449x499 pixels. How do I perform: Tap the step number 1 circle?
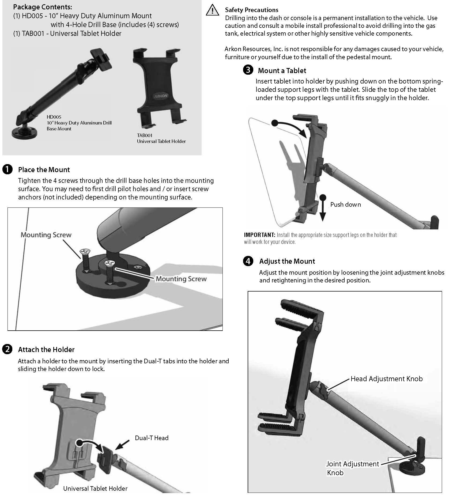click(7, 170)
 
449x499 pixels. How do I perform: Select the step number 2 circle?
click(7, 349)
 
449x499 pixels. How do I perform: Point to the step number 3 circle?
click(248, 70)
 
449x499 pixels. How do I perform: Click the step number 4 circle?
click(248, 261)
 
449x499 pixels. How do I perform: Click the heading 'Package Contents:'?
click(43, 7)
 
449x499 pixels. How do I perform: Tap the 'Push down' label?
click(345, 205)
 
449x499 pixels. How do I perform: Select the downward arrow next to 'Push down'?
click(323, 209)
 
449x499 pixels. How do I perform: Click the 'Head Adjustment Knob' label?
click(386, 379)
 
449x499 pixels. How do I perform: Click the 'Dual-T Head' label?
click(152, 438)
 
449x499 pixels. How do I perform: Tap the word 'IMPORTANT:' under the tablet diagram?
click(259, 235)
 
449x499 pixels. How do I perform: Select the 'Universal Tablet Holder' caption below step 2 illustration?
click(95, 489)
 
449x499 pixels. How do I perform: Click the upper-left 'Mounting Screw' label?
click(46, 235)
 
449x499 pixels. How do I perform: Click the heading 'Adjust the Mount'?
click(287, 261)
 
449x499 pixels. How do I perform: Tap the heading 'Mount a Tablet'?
click(282, 71)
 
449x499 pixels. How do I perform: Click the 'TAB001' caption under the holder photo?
click(145, 135)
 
